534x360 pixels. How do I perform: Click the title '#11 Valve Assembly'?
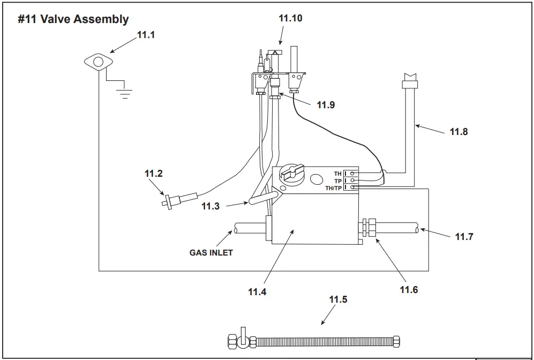(x=73, y=19)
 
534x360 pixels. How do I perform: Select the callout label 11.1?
(x=146, y=35)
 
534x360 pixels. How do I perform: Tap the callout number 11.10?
(x=290, y=18)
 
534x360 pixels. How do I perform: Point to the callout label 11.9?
(x=326, y=105)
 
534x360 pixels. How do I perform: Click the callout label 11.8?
(x=458, y=131)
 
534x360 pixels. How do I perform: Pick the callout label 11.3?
(x=210, y=206)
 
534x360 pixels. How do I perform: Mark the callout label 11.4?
(x=257, y=292)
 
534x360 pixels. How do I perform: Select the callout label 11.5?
(x=338, y=299)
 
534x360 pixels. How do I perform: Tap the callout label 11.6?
(x=409, y=290)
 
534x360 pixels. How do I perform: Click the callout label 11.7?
(x=464, y=236)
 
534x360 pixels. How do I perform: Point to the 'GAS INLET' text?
(x=211, y=252)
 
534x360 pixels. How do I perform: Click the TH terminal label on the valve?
(x=337, y=174)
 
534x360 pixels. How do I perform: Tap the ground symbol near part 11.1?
(x=124, y=93)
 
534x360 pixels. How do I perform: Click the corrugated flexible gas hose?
(x=324, y=341)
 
